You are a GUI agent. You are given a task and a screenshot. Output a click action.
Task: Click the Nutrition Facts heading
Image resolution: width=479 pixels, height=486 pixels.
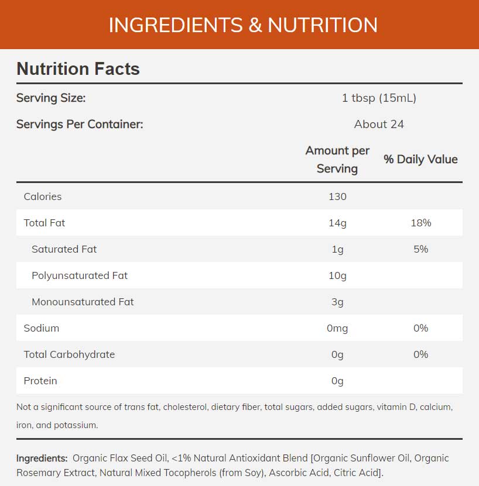pos(78,69)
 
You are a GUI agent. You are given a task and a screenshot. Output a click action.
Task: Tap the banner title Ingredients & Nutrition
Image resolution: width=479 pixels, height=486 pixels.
pos(243,25)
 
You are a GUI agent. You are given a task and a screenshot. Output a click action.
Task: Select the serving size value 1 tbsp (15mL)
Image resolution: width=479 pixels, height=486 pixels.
pos(379,98)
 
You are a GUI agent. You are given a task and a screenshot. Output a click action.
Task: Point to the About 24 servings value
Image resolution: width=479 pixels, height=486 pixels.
pos(379,124)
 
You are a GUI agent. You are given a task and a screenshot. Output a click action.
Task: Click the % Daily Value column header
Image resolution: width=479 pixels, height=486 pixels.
pos(420,159)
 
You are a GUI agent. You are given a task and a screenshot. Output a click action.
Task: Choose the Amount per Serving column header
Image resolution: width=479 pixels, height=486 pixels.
pos(337,160)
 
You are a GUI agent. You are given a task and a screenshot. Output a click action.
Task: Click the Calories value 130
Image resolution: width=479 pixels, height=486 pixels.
pos(337,197)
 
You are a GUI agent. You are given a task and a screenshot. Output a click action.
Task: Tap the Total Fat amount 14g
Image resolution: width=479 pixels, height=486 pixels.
pos(337,223)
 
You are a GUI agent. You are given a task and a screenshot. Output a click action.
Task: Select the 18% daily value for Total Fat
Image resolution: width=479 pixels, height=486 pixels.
pos(420,223)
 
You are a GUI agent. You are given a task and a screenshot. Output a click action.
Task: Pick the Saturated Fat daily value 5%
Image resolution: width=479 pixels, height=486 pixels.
pos(420,249)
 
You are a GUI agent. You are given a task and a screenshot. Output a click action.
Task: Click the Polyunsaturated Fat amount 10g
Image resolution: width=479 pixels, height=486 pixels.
pos(337,275)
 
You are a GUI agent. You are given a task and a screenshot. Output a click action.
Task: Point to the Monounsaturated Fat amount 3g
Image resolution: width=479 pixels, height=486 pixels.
pos(337,302)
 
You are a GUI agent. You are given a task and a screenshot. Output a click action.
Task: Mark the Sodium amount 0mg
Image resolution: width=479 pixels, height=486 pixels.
pos(337,328)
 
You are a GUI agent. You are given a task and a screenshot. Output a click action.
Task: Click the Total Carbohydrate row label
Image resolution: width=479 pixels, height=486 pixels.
pos(69,354)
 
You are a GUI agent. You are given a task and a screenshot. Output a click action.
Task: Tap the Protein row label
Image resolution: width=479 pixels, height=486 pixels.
pos(40,381)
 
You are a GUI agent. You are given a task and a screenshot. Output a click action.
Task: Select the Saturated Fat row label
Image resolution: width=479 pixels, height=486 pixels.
pos(64,249)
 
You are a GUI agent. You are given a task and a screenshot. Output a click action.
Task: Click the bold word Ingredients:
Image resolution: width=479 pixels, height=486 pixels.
pos(41,458)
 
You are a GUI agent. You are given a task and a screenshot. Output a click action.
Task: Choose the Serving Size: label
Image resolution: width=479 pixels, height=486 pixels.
pos(51,98)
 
